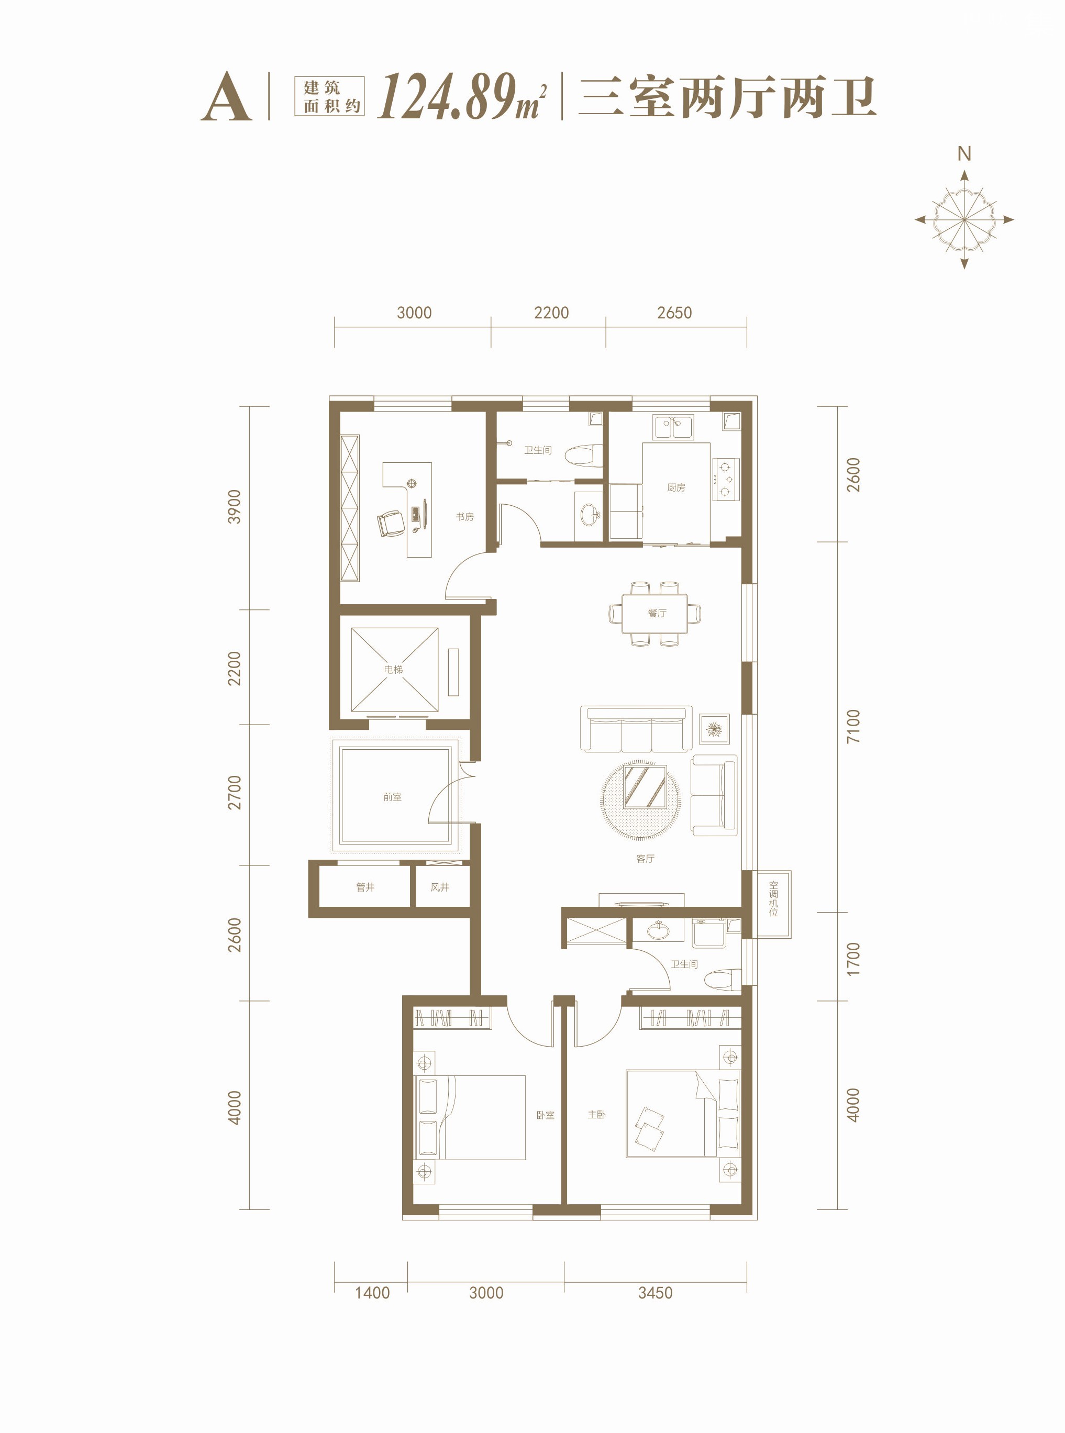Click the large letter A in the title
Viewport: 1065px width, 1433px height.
tap(226, 97)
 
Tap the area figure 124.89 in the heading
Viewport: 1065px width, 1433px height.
tap(446, 97)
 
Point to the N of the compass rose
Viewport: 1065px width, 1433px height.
tap(964, 153)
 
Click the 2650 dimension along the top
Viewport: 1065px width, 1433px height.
tap(674, 313)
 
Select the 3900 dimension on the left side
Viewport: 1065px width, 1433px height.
tap(234, 507)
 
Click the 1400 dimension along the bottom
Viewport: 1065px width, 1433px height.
tap(372, 1293)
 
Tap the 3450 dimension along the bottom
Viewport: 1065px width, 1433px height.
tap(655, 1293)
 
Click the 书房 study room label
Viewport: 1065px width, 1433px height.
tap(465, 516)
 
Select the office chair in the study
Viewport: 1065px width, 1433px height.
tap(390, 523)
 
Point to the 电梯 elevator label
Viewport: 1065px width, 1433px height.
tap(393, 669)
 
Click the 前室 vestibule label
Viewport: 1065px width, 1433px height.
tap(392, 797)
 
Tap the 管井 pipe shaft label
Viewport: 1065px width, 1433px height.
tap(365, 887)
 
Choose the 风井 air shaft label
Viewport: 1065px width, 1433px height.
tap(440, 887)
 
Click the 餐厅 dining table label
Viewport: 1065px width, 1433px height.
tap(657, 613)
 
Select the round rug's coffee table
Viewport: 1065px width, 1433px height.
tap(645, 786)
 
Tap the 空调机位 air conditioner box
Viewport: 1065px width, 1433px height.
tap(773, 904)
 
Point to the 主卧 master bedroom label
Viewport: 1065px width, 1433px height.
tap(596, 1114)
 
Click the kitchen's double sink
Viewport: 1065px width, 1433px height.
tap(673, 427)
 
